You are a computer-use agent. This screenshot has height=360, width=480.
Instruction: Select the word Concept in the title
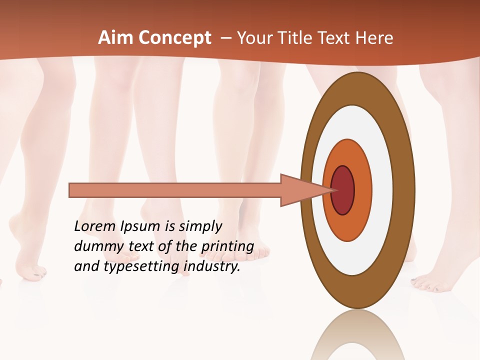[175, 38]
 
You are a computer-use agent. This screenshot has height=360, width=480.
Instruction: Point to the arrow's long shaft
[175, 190]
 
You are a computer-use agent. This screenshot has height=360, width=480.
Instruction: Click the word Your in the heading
[255, 37]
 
